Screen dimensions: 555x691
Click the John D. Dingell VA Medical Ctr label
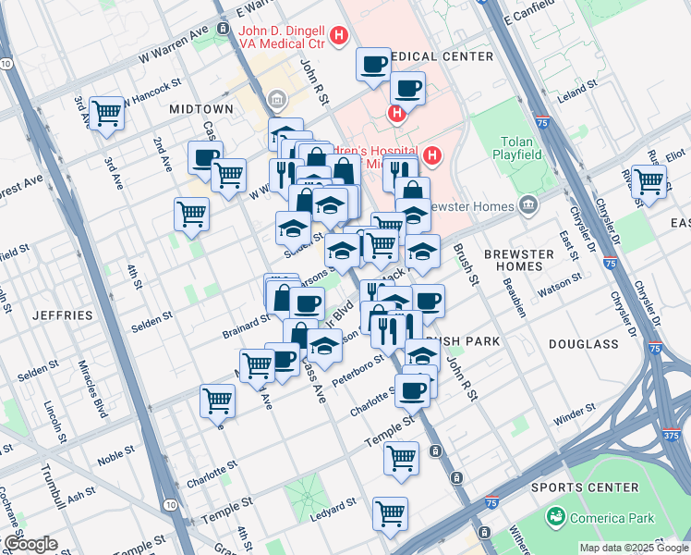(x=281, y=36)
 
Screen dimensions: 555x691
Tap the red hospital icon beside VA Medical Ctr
(x=339, y=36)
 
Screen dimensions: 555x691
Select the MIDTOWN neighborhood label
(x=201, y=109)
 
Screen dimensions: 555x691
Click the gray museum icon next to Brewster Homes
(x=528, y=203)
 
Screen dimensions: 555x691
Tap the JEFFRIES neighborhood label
(x=63, y=315)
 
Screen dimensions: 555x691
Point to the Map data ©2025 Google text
(x=633, y=548)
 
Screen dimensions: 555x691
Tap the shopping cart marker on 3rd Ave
(x=107, y=113)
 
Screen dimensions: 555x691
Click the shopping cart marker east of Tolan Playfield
(x=649, y=180)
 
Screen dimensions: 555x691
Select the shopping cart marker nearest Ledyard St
(x=390, y=512)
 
